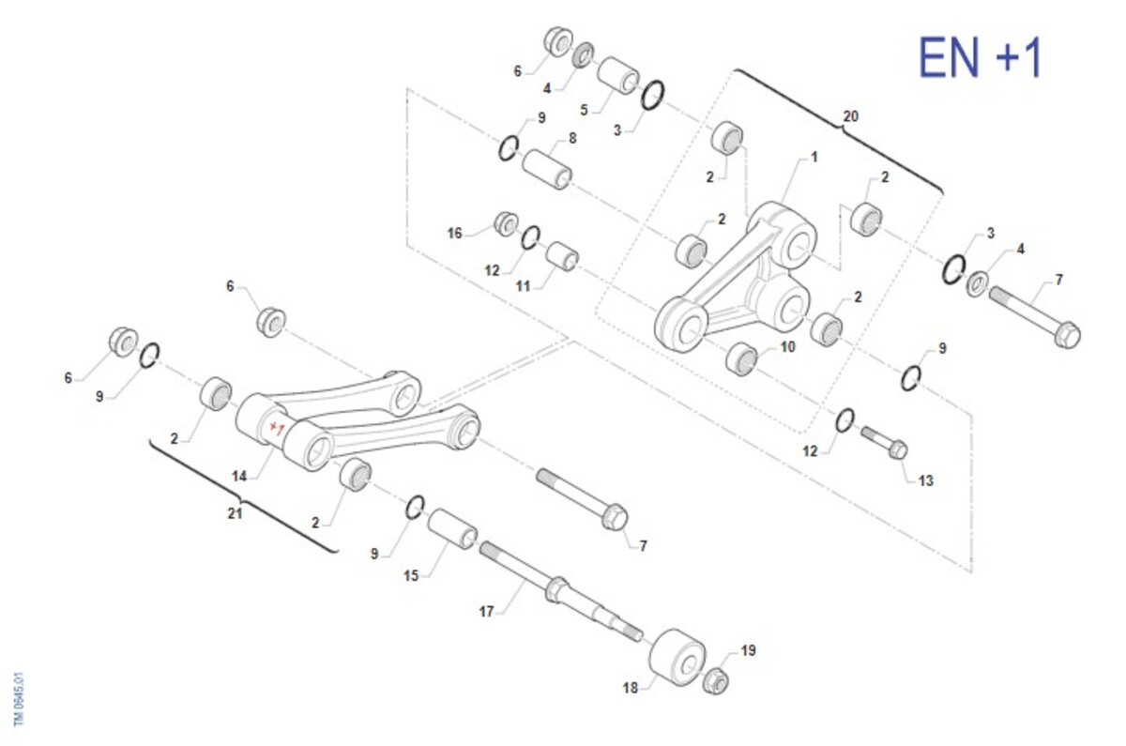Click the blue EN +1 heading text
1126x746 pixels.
point(981,57)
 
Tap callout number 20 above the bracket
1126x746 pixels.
point(850,116)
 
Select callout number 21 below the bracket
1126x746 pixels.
point(235,513)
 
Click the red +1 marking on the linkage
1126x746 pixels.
point(277,428)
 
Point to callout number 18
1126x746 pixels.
point(631,688)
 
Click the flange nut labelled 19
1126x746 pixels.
point(715,681)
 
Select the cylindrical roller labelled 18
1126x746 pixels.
point(677,657)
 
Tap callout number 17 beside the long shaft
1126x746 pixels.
point(486,611)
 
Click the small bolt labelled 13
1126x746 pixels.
point(885,442)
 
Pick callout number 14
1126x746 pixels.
point(239,476)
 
